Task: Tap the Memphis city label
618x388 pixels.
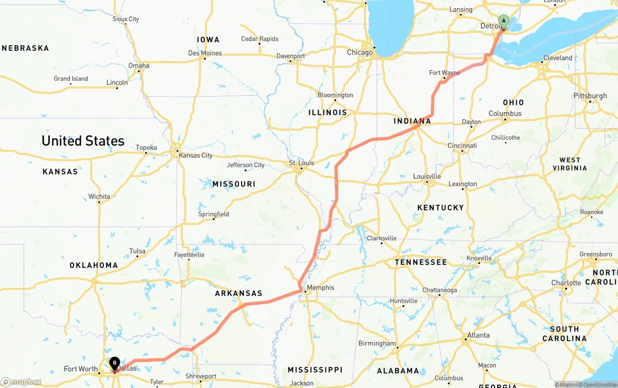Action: click(321, 287)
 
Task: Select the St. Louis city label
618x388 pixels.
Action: click(301, 163)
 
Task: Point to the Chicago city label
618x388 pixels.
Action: click(360, 52)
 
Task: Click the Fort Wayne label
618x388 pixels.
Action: click(444, 73)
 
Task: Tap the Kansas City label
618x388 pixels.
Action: click(196, 155)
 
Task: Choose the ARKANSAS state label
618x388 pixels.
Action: click(239, 293)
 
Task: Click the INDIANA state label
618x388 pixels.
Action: click(412, 121)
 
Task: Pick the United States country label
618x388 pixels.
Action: click(83, 141)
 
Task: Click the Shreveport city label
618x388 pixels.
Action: click(201, 376)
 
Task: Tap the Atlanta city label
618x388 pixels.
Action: click(478, 335)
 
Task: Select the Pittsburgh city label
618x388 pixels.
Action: click(590, 96)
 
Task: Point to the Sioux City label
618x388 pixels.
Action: click(126, 19)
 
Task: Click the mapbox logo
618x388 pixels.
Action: click(21, 382)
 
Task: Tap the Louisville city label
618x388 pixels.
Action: click(427, 176)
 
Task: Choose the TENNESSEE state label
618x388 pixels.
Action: click(421, 262)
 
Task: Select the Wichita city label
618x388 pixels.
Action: click(99, 197)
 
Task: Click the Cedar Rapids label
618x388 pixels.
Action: click(260, 39)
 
